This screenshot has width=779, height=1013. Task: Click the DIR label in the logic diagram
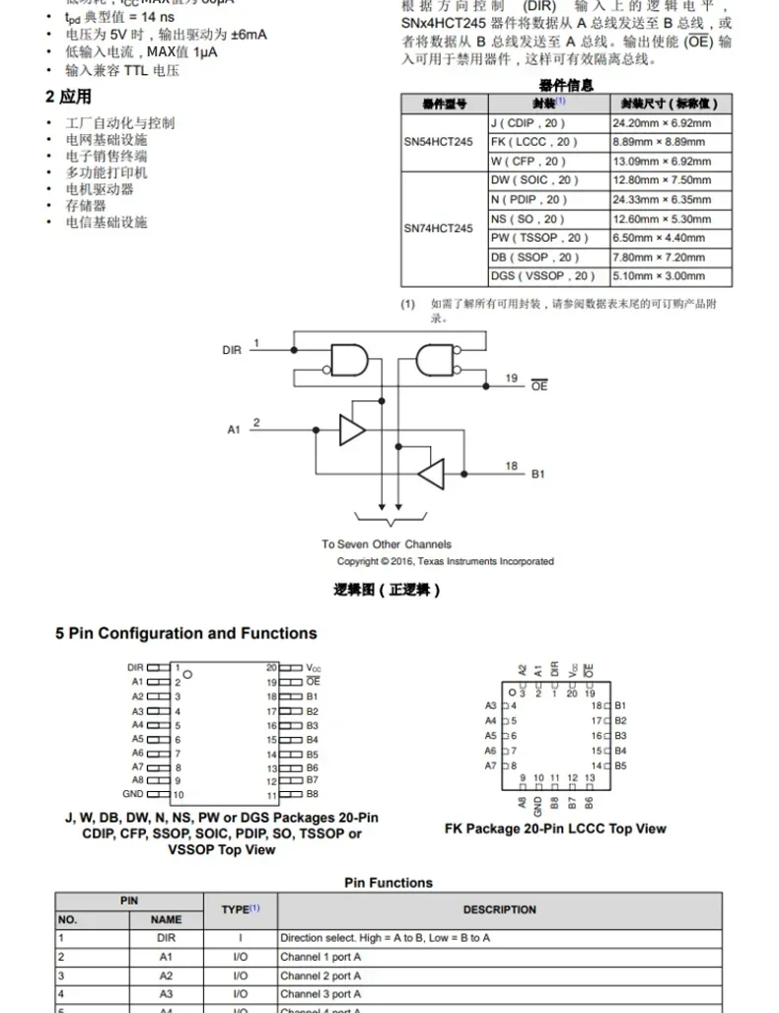coord(232,350)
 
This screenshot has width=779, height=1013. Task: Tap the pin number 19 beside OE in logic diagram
coord(511,378)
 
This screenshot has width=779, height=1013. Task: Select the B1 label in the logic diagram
coord(538,474)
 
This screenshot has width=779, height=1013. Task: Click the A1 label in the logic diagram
coord(234,429)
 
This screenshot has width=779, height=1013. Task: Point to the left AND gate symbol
coord(348,360)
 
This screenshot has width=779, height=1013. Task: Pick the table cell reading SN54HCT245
coord(438,142)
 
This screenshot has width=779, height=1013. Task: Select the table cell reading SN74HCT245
coord(438,228)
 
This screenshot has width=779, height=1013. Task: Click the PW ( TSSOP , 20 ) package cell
coord(539,238)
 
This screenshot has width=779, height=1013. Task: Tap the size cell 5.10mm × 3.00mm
coord(659,277)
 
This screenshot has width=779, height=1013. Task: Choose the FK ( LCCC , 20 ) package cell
coord(534,142)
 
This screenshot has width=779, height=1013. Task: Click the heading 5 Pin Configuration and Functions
coord(186,633)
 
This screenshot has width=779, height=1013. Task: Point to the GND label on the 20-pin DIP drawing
coord(133,794)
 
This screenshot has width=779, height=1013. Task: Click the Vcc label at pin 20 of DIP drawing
coord(314,668)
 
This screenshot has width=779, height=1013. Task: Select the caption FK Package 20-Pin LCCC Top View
coord(555,829)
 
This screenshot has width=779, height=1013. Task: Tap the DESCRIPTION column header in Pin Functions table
coord(500,909)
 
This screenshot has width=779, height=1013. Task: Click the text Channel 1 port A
coord(320,957)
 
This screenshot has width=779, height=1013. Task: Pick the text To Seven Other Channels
coord(387,544)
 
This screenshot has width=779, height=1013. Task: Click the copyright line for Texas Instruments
coord(446,561)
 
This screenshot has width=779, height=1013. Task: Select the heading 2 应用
coord(68,97)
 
